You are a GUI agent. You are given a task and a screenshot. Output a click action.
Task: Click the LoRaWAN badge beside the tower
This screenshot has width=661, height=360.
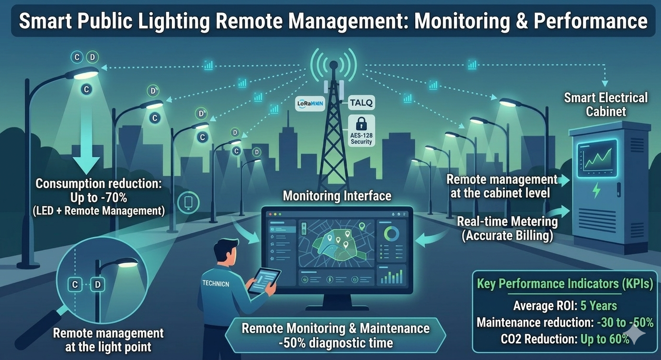[x=310, y=103]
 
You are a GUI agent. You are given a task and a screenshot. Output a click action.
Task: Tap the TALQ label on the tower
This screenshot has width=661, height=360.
[x=361, y=102]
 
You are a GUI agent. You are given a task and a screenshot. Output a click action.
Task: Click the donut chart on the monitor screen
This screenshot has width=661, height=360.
[x=391, y=234]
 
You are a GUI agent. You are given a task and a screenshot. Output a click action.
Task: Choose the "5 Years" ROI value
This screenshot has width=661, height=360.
[x=598, y=305]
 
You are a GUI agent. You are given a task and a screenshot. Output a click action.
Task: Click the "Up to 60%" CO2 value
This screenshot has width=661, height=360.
[x=605, y=339]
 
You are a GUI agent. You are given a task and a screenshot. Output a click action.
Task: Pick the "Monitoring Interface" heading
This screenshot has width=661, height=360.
[x=337, y=196]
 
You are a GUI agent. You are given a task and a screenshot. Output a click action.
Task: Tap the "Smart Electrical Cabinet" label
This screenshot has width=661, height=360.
[x=605, y=105]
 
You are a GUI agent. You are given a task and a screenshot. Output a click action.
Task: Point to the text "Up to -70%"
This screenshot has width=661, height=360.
[x=99, y=197]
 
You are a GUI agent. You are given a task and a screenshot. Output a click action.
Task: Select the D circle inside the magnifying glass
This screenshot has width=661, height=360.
[x=98, y=285]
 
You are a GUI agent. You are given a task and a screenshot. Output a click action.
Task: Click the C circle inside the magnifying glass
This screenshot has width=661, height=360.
[x=75, y=285]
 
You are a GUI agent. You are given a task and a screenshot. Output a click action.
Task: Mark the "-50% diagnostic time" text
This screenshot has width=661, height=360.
[x=335, y=343]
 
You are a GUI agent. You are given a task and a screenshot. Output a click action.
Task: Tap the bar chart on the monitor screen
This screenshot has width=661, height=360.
[x=391, y=276]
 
